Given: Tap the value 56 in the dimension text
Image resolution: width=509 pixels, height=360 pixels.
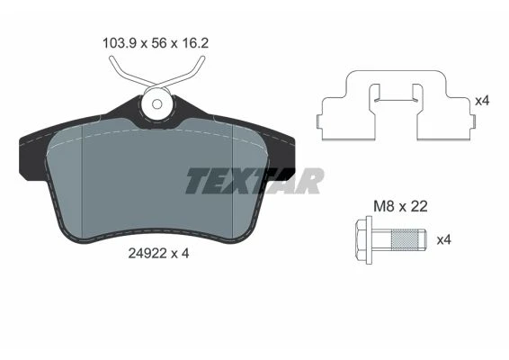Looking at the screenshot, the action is click(x=159, y=43).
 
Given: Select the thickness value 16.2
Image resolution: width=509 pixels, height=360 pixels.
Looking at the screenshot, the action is click(x=194, y=43).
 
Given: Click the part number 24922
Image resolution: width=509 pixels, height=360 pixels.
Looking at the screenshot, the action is click(x=147, y=254).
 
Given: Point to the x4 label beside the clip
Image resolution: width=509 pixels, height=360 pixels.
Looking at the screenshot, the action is click(x=482, y=101).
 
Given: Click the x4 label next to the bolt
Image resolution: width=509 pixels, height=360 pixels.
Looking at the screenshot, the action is click(x=444, y=240).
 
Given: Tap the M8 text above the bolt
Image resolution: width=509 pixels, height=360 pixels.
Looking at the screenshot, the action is click(x=384, y=207).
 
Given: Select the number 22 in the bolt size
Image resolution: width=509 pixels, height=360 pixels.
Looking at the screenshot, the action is click(x=419, y=207).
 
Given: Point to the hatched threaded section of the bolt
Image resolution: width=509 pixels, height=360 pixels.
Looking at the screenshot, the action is click(x=404, y=239).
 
